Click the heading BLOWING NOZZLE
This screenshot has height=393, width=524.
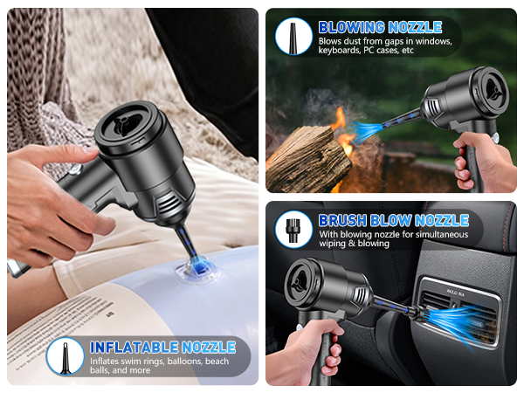pyautogui.click(x=380, y=27)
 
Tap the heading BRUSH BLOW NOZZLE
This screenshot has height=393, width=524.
pyautogui.click(x=394, y=220)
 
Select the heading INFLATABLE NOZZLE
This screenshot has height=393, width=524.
pyautogui.click(x=162, y=347)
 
